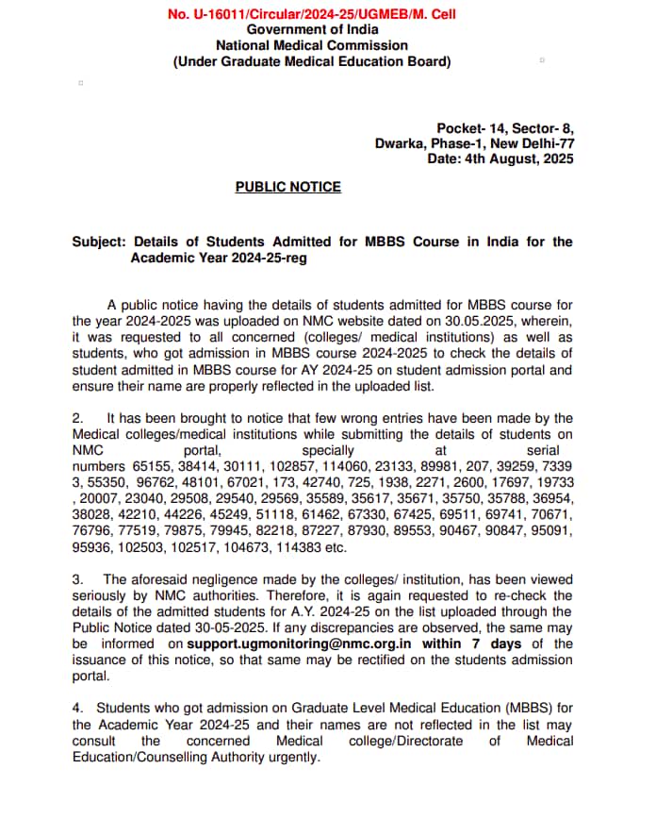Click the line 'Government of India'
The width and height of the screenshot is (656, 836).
(311, 30)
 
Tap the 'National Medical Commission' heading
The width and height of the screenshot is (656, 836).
(311, 45)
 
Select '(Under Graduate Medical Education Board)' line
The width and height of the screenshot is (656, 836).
(311, 61)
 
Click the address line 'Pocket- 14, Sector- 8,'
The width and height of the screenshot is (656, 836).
(504, 128)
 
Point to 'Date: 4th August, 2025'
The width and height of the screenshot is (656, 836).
(500, 159)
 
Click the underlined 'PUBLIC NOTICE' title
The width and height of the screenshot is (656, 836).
(288, 187)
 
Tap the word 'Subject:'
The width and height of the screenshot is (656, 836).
(97, 242)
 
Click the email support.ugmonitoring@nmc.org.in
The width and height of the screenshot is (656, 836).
(300, 644)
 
